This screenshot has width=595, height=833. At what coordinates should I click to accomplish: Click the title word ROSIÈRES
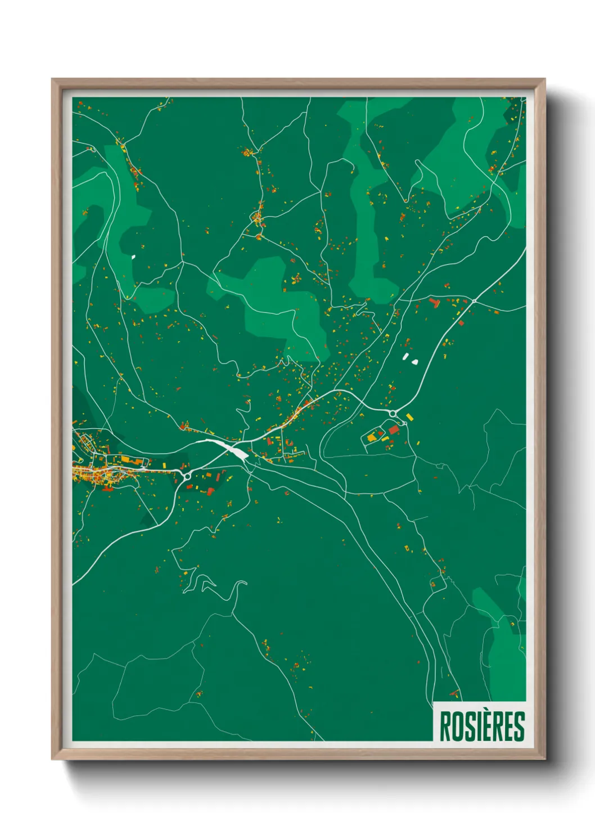(481, 726)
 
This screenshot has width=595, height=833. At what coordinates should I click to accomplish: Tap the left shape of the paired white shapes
(405, 356)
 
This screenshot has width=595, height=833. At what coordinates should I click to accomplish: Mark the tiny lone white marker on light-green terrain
(133, 257)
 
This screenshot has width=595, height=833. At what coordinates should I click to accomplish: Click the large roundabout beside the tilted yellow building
(393, 414)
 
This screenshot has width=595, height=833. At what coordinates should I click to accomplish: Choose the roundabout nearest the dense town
(186, 476)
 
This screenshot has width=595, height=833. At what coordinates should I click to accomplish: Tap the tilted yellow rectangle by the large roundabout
(409, 417)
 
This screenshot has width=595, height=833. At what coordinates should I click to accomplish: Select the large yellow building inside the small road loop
(372, 437)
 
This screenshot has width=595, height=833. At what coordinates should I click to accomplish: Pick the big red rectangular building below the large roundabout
(394, 430)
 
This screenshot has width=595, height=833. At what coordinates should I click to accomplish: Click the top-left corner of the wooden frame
(52, 79)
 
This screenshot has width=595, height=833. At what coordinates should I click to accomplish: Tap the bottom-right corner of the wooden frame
(544, 759)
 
